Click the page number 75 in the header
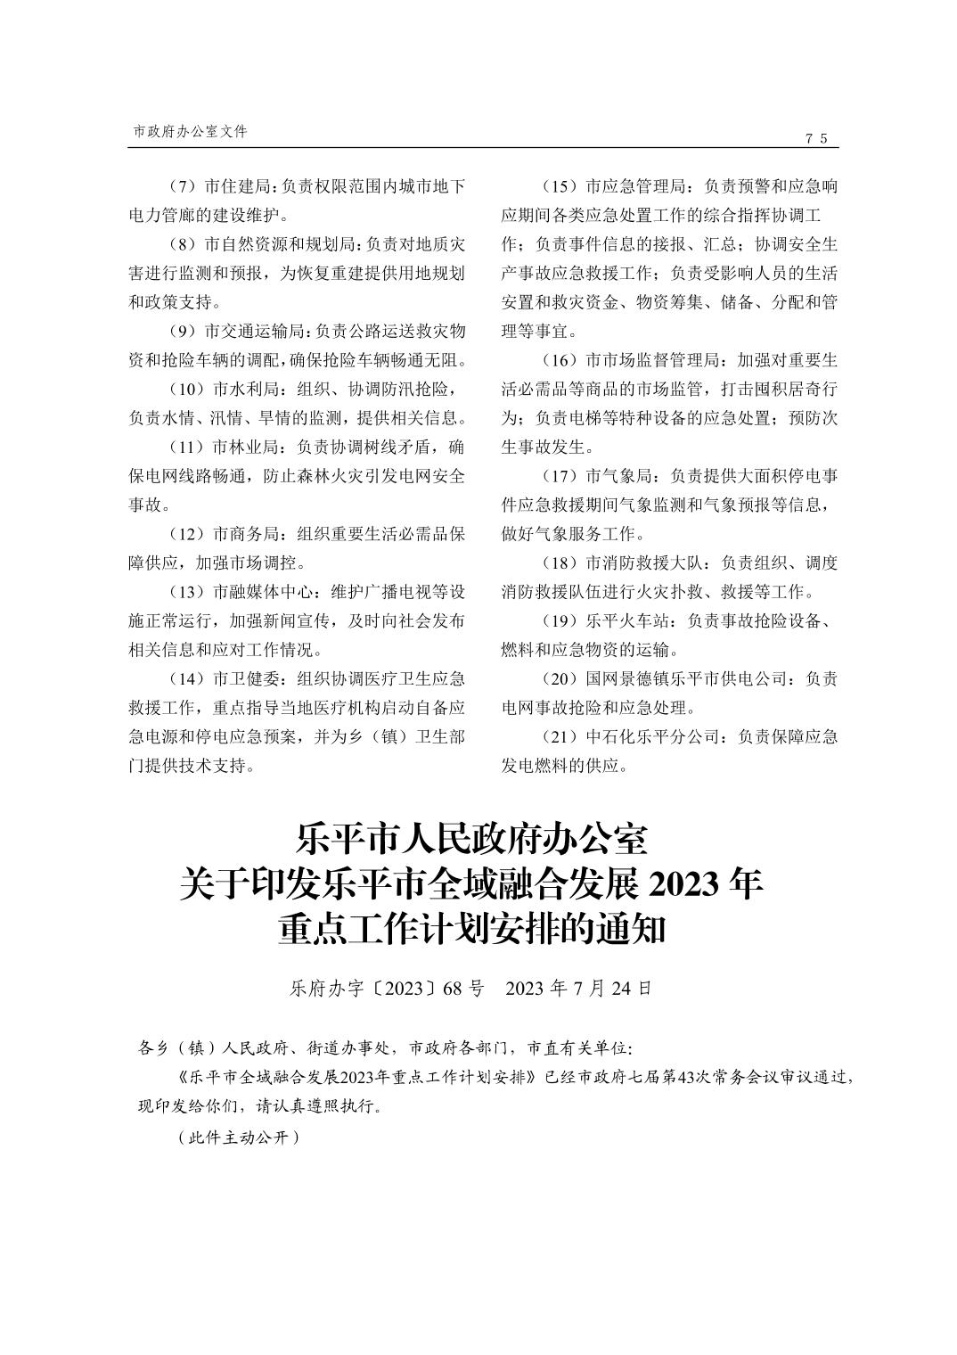(x=816, y=138)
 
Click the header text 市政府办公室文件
(x=190, y=131)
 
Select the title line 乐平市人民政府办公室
(x=471, y=840)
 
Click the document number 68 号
(x=462, y=988)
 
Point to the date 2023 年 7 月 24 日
(x=578, y=988)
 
